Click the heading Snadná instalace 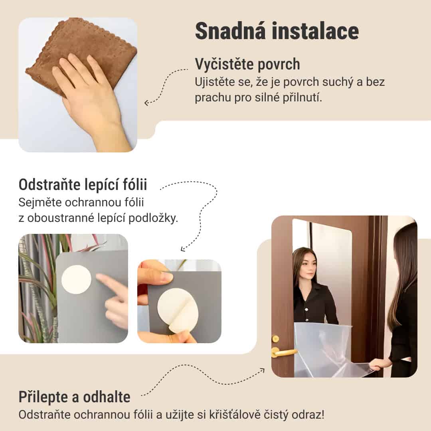[x=277, y=32]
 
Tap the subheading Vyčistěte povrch [x=247, y=64]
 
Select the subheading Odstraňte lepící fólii [x=83, y=185]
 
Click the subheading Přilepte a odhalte [x=74, y=397]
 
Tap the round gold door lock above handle [x=275, y=338]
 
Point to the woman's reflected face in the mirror [x=304, y=265]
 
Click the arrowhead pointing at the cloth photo [x=146, y=103]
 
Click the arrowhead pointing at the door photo [x=262, y=370]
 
